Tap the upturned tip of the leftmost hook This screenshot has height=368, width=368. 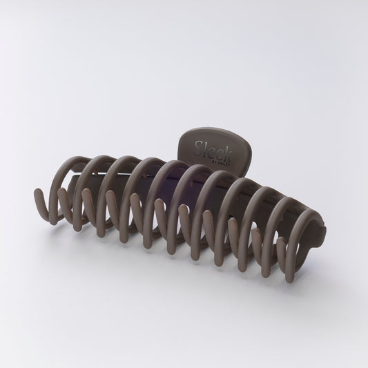click(x=37, y=191)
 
